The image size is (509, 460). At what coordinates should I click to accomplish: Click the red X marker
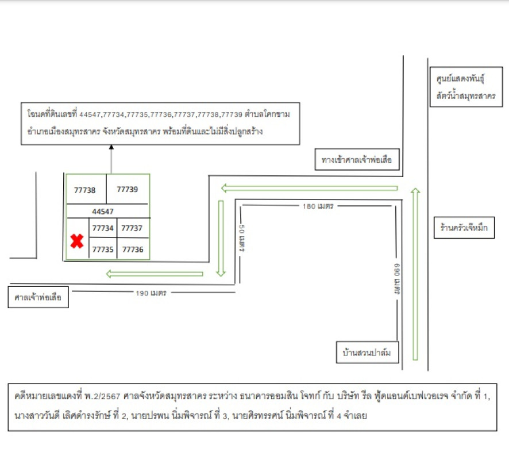77,241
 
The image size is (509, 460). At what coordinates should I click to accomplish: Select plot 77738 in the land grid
85,190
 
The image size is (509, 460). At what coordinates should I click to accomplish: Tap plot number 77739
127,189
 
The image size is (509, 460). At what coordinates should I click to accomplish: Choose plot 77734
103,228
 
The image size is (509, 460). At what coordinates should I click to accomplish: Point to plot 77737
132,228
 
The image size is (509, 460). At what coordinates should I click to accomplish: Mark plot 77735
103,250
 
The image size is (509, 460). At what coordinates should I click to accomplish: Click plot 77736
132,250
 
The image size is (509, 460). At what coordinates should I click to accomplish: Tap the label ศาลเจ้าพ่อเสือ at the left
38,298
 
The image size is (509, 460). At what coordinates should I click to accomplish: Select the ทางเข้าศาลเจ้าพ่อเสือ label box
357,160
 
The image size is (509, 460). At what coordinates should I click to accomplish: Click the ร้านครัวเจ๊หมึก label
461,229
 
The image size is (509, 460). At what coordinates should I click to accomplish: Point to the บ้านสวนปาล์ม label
367,352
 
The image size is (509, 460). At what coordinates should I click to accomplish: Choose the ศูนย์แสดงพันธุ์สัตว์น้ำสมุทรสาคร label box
465,86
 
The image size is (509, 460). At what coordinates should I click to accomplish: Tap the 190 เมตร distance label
151,293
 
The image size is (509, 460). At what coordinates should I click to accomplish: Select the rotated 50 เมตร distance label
242,238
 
